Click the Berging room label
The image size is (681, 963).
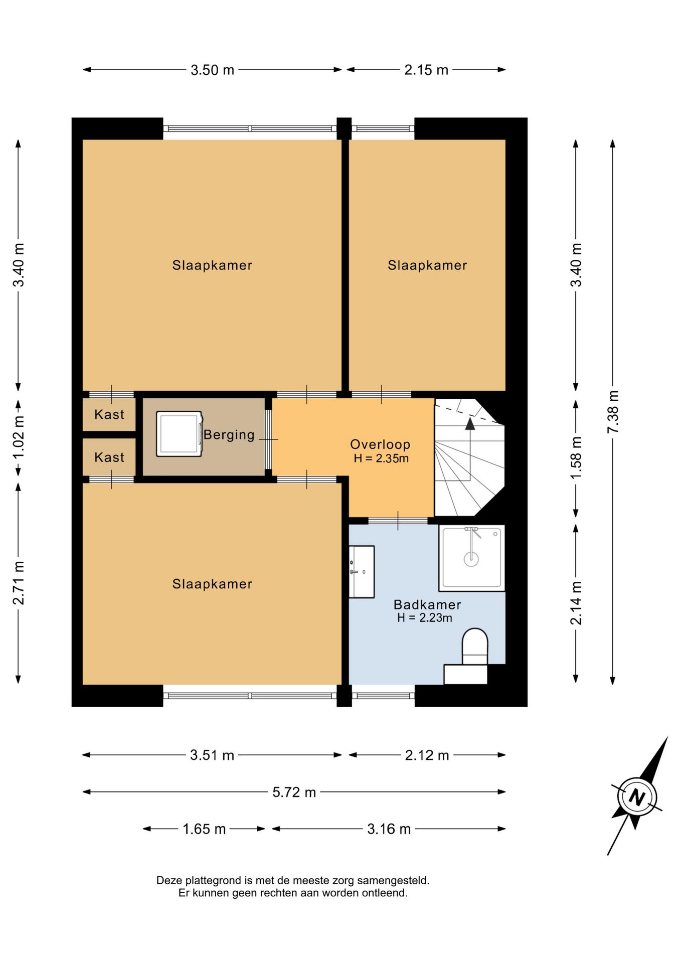tap(229, 435)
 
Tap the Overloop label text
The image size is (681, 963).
tap(380, 444)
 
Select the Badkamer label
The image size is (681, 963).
tap(427, 604)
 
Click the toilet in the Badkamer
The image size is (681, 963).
tap(474, 647)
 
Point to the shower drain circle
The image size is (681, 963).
tap(471, 559)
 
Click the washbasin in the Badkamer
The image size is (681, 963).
tap(362, 572)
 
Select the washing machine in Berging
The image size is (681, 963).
tap(180, 434)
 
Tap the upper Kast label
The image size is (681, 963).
tap(109, 414)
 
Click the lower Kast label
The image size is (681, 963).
tap(109, 457)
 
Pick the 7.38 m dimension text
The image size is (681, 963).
tap(613, 412)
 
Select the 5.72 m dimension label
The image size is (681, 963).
tap(294, 792)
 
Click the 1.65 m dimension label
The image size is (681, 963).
tap(204, 829)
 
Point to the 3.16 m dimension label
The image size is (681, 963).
tap(389, 829)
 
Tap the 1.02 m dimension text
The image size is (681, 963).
tap(19, 437)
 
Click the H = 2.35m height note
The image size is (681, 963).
tap(381, 458)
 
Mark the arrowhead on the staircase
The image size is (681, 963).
tap(470, 424)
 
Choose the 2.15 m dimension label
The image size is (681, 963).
tap(426, 70)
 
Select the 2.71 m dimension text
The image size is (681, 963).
tap(19, 583)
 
